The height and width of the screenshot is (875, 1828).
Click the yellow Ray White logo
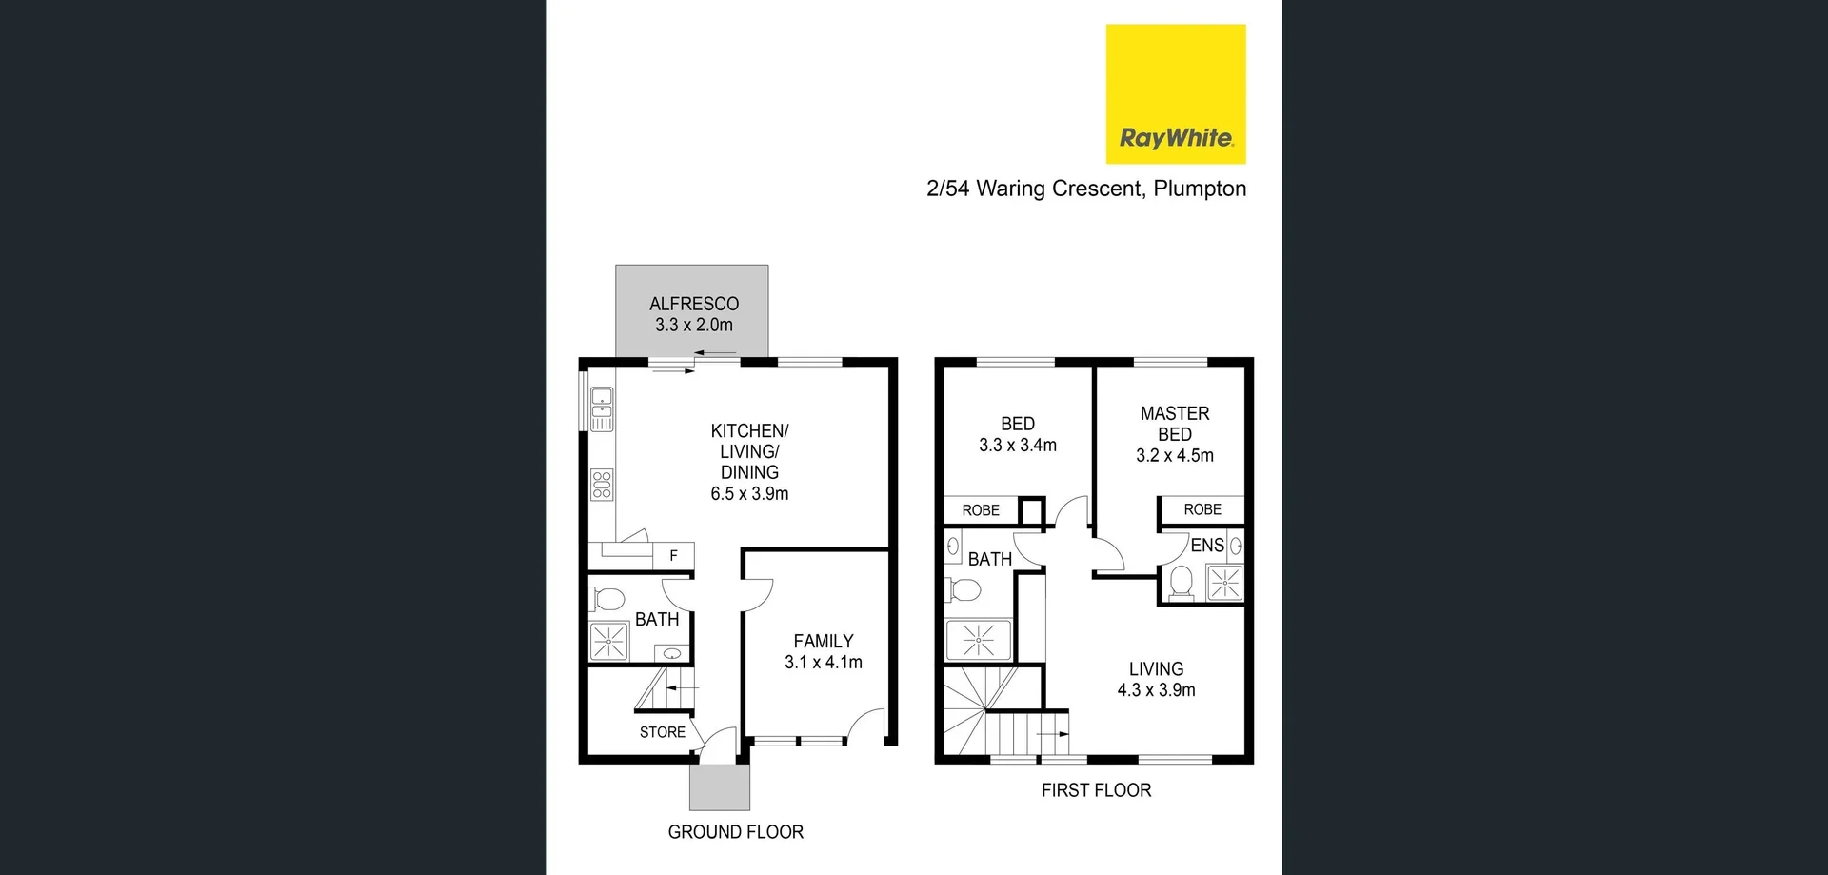click(x=1175, y=94)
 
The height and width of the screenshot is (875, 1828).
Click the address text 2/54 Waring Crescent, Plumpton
click(x=1085, y=189)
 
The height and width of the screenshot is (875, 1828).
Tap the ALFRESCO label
click(x=694, y=304)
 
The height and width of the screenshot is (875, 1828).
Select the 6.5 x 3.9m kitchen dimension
click(x=749, y=493)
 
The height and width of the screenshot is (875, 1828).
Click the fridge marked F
click(x=673, y=556)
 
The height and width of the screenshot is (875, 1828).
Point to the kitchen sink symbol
click(x=602, y=408)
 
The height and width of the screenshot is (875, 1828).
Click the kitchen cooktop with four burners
click(x=602, y=485)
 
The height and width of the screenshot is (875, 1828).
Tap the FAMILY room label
click(x=824, y=642)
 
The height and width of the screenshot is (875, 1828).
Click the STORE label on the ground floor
click(x=663, y=732)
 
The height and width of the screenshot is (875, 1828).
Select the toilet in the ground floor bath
click(x=606, y=599)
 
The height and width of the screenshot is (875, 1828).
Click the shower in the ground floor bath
click(x=608, y=642)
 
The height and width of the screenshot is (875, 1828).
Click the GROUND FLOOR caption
click(x=735, y=832)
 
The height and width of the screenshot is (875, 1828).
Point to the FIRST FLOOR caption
click(x=1096, y=790)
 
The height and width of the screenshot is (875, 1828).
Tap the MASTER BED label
click(x=1175, y=424)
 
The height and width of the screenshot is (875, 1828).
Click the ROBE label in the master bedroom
click(x=1202, y=510)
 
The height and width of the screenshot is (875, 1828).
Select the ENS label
click(x=1207, y=546)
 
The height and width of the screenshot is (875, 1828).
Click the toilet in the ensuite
click(x=1182, y=582)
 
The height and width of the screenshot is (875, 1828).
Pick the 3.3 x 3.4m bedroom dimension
click(x=1018, y=445)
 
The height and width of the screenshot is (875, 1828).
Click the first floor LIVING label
click(x=1156, y=669)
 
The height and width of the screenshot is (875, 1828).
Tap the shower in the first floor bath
click(x=978, y=640)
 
